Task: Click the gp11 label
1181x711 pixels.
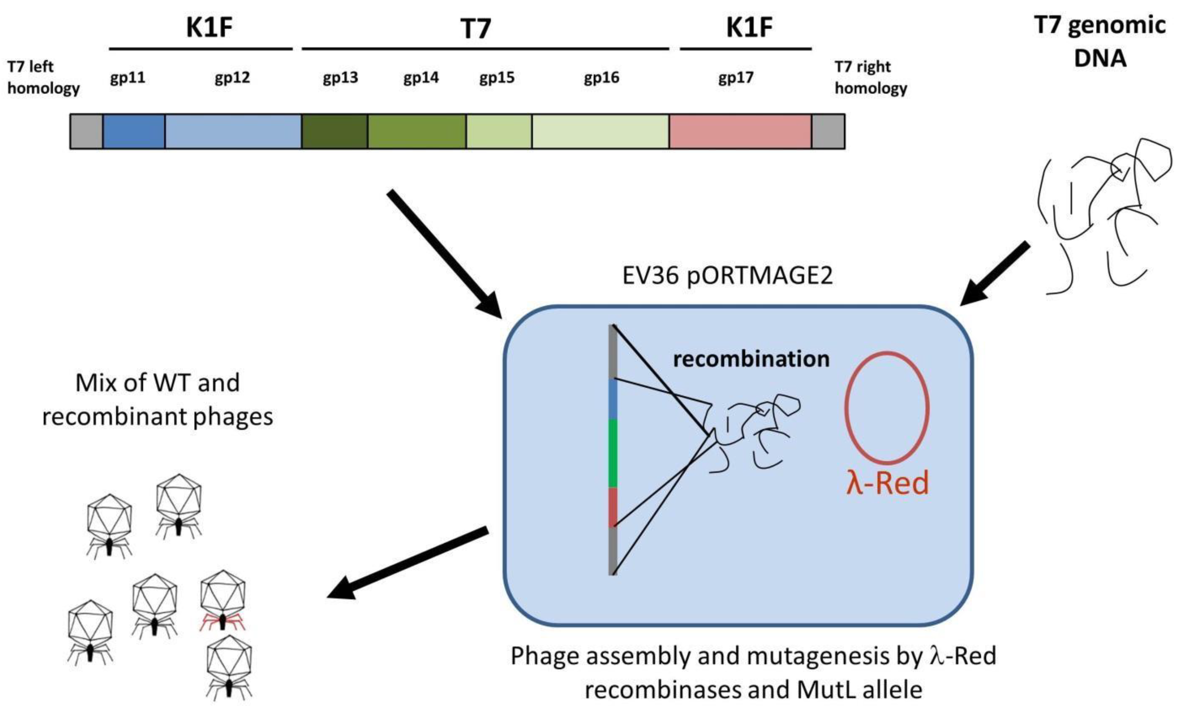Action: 128,77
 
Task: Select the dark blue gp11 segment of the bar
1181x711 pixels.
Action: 134,131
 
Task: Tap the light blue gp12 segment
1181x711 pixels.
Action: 233,131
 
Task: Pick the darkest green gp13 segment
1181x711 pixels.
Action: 334,131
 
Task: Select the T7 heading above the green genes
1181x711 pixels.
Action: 476,29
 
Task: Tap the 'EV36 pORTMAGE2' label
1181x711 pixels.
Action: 727,276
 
